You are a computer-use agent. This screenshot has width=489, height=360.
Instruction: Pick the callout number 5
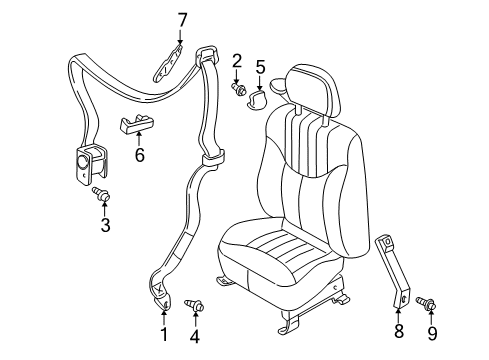[260, 68]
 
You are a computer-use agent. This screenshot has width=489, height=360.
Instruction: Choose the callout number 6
[140, 155]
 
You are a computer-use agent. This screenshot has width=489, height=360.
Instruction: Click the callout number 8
[400, 330]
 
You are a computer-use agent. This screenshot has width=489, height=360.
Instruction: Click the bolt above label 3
[101, 194]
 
